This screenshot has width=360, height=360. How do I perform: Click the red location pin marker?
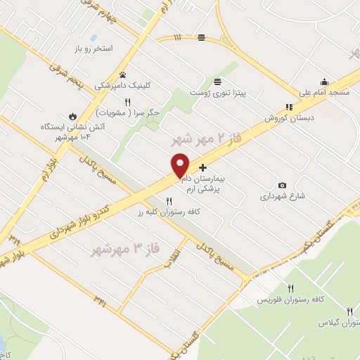coord(181,165)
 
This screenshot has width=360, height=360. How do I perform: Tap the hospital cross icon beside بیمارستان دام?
coord(203,167)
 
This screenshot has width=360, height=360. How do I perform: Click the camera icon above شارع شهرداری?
coord(282,186)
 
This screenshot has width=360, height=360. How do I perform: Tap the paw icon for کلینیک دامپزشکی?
coord(122,74)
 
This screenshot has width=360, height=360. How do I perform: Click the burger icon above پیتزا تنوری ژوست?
coord(218,81)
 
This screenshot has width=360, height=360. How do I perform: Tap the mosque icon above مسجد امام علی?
coord(323,81)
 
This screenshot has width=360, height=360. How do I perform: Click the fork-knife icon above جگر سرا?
coord(128,102)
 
